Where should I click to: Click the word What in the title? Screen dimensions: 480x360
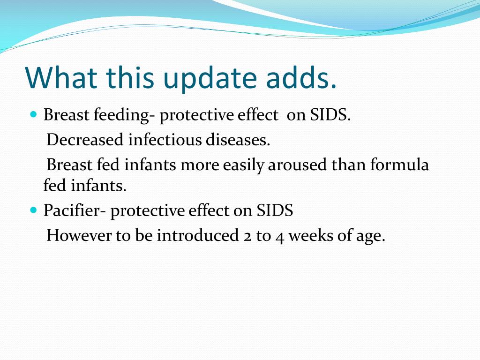click(61, 77)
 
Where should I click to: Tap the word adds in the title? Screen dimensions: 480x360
click(301, 77)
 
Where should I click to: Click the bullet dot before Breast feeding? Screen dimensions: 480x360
click(34, 114)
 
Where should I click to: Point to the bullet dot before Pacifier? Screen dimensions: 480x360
click(34, 210)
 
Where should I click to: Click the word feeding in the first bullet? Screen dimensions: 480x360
click(122, 116)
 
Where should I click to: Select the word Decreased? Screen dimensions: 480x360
click(85, 140)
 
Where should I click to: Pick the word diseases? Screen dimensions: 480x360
click(238, 140)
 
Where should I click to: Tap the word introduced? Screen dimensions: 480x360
click(198, 235)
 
